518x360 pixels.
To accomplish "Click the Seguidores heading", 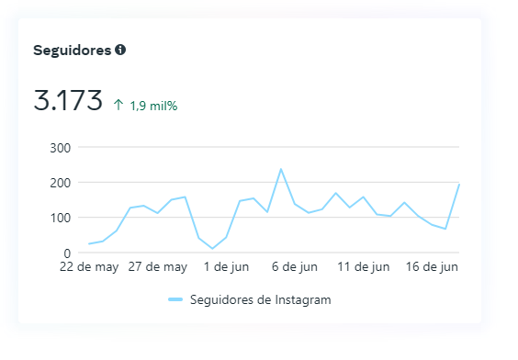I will click(x=73, y=50).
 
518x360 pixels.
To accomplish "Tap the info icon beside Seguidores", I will click(x=120, y=50).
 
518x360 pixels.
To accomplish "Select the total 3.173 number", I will click(x=68, y=100).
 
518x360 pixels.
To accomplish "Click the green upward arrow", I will click(x=118, y=105).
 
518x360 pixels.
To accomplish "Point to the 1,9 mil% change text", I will click(x=153, y=106).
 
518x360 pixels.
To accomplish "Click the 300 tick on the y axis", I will click(x=62, y=148).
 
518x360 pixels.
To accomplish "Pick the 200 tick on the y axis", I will click(x=62, y=183).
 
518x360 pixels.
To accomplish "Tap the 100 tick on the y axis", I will click(x=62, y=218).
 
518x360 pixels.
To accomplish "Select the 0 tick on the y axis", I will click(x=67, y=253).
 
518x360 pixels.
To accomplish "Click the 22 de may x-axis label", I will click(x=89, y=267).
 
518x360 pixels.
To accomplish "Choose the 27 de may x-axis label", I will click(x=158, y=267).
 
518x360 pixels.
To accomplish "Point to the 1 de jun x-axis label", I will click(x=226, y=267).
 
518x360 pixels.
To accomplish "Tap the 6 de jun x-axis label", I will click(x=294, y=267).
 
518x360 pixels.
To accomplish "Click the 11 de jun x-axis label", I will click(x=363, y=267).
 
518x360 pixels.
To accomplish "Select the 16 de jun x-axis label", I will click(x=431, y=267).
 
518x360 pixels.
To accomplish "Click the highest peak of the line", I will click(x=280, y=169).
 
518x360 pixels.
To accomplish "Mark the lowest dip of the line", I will click(x=212, y=248).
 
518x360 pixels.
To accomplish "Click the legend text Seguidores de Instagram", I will click(x=260, y=299).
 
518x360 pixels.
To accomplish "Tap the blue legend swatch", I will click(x=175, y=299).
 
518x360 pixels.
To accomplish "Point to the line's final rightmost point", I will click(x=458, y=185).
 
